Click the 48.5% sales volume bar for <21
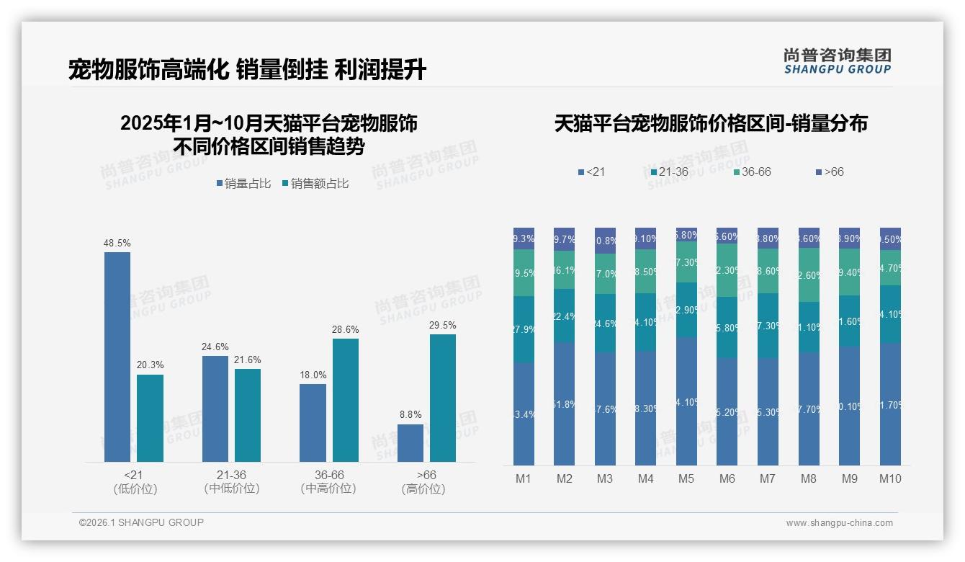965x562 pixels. [x=117, y=357]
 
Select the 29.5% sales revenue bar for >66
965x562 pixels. [x=443, y=398]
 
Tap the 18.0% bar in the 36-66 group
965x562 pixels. [x=313, y=422]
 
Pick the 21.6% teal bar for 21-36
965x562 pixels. [x=248, y=415]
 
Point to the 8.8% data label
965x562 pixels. [x=410, y=414]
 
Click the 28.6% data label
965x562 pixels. [x=346, y=329]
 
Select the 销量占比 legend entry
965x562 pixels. [x=243, y=184]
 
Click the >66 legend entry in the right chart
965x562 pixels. [x=829, y=172]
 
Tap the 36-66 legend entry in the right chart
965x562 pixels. [x=752, y=172]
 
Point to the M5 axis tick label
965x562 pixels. [x=686, y=478]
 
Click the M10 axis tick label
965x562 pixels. [x=890, y=478]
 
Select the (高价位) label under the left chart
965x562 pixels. [x=423, y=489]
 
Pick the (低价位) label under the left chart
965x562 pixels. [x=135, y=489]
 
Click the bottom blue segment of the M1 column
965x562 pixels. [x=524, y=414]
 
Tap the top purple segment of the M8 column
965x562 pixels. [x=809, y=238]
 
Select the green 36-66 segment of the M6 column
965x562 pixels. [x=727, y=270]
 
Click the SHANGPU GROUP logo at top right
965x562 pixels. [x=837, y=61]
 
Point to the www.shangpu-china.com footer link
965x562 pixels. [x=839, y=523]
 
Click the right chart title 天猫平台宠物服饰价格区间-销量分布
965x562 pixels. [x=711, y=124]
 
